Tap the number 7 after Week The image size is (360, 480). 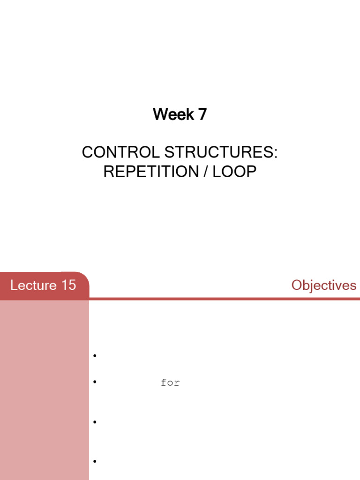[x=202, y=114]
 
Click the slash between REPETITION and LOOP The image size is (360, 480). [x=205, y=172]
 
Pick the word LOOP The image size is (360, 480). [x=234, y=172]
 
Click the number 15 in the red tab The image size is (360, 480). [x=67, y=285]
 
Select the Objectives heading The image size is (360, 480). [x=323, y=285]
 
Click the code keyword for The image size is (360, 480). [x=170, y=383]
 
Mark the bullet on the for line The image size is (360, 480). [x=95, y=382]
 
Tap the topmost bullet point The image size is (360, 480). [x=95, y=356]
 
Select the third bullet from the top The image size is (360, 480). [x=95, y=422]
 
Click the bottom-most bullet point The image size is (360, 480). [x=95, y=462]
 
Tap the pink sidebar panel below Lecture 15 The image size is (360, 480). [x=44, y=389]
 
